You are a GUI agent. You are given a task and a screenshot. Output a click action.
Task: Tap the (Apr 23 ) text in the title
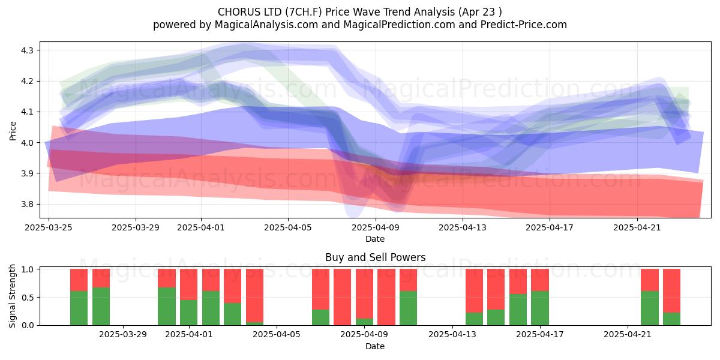[x=480, y=12]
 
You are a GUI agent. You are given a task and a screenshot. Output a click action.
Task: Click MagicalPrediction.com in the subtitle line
[x=399, y=25]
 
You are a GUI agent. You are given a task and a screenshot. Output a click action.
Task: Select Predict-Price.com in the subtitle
[x=524, y=25]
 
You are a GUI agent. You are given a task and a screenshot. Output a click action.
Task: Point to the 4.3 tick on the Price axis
[x=26, y=50]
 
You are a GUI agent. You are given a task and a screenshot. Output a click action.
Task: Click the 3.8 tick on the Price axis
[x=26, y=205]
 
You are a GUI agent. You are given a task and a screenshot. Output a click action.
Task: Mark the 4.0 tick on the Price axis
[x=26, y=143]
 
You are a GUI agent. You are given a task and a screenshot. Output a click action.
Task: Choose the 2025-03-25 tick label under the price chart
[x=49, y=227]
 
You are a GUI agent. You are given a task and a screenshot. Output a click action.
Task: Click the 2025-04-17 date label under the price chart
[x=550, y=227]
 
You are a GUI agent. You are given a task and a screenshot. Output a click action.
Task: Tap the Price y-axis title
[x=13, y=131]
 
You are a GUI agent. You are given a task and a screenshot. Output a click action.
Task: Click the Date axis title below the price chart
[x=375, y=239]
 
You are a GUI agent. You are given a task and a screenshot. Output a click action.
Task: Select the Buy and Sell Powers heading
[x=375, y=257]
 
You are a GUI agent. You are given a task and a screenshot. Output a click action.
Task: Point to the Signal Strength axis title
[x=12, y=296]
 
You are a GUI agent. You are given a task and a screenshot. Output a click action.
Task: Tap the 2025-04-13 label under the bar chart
[x=452, y=335]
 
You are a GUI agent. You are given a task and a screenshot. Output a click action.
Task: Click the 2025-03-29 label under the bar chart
[x=123, y=335]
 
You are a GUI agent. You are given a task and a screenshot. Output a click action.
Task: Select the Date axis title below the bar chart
[x=375, y=346]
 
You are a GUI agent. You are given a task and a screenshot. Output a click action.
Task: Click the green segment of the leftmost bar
[x=79, y=308]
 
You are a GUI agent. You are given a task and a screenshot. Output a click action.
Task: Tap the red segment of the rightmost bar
[x=671, y=290]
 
